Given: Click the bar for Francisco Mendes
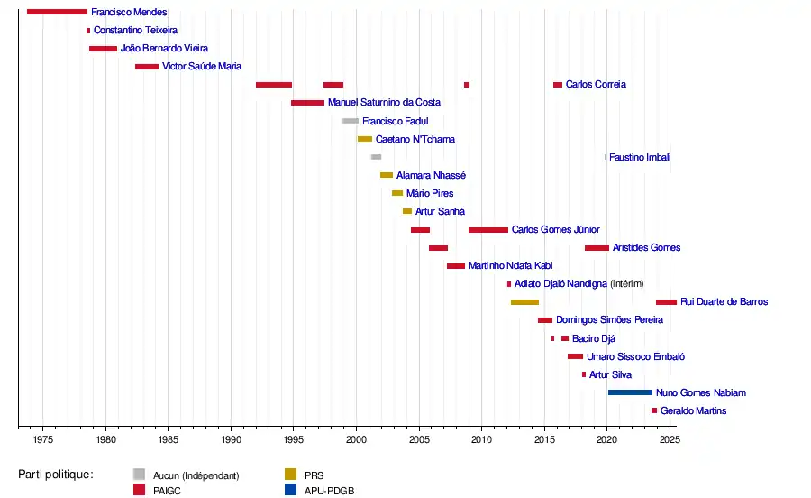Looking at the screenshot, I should pos(57,12).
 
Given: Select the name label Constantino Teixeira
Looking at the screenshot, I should pos(135,30).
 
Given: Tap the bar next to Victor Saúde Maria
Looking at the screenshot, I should pos(147,67).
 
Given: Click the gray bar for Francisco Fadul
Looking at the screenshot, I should pos(351,121).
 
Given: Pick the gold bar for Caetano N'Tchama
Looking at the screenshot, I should pos(365,139).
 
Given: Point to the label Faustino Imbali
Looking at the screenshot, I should pos(640,157).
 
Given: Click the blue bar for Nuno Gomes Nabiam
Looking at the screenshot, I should pos(630,392).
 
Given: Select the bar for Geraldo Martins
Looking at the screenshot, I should pos(654,410).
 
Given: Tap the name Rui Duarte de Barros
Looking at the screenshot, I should pos(724,302).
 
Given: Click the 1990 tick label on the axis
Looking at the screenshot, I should pos(231,439).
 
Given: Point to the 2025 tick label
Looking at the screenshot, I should pos(669,439).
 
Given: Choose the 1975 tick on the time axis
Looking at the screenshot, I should pos(43,439).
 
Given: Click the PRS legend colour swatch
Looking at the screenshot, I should pos(290,474).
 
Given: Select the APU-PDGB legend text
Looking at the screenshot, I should pos(331,490).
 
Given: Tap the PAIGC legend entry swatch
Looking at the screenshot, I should pos(139,490).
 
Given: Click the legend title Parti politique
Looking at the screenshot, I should pos(56,474).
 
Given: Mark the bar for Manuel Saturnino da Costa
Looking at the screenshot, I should pos(307,103).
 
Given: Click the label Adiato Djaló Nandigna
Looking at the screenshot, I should pos(560,284).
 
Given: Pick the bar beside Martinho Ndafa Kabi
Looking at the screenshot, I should pos(456,266).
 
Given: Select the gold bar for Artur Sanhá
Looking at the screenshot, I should pos(407,211).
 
